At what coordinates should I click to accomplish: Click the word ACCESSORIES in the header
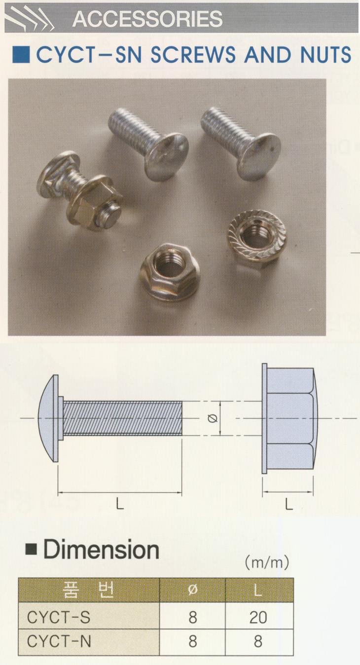pos(147,18)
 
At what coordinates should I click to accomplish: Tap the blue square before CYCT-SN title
pos(21,55)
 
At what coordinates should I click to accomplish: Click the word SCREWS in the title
pos(193,55)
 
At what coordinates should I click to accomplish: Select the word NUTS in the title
pos(325,55)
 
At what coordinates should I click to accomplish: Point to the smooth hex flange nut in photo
pos(170,271)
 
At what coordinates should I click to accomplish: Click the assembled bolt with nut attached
pos(79,191)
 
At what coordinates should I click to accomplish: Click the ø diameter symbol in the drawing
pos(213,418)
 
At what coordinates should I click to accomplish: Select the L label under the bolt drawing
pos(120,504)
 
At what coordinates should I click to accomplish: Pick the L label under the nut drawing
pos(289,504)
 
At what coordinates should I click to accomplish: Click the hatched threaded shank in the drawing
pos(122,418)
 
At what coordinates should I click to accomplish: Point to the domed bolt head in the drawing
pos(49,418)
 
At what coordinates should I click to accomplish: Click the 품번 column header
pos(88,590)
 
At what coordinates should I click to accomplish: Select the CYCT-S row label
pos(59,618)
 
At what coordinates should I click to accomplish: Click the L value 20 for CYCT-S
pos(258,618)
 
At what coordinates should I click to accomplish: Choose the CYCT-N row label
pos(59,641)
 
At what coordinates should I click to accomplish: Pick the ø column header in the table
pos(193,590)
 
